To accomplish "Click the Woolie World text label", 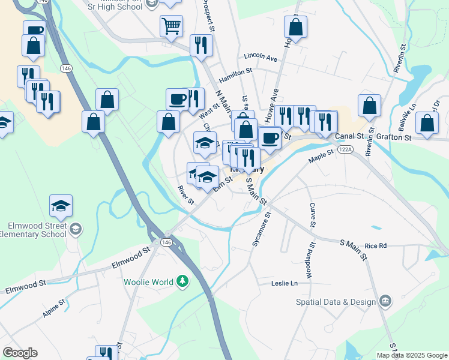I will pyautogui.click(x=148, y=282).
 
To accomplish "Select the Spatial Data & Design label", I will pyautogui.click(x=336, y=302).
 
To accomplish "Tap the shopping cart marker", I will pyautogui.click(x=171, y=26).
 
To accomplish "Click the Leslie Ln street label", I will pyautogui.click(x=285, y=283).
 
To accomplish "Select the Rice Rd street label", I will pyautogui.click(x=376, y=245).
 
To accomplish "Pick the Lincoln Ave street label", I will pyautogui.click(x=260, y=58).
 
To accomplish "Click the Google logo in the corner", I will pyautogui.click(x=20, y=353).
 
